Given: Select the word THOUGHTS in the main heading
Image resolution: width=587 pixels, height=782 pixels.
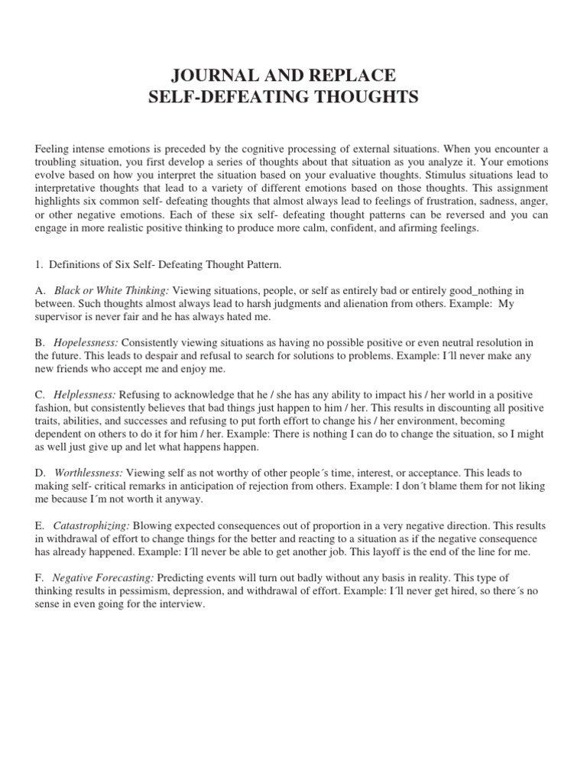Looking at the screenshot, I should (358, 98).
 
